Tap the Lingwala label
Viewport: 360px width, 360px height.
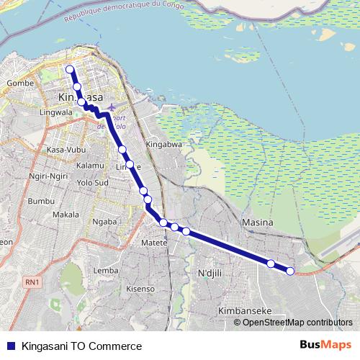pyautogui.click(x=57, y=113)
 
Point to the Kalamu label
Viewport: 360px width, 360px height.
pyautogui.click(x=90, y=165)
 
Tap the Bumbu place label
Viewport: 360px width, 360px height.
pyautogui.click(x=41, y=200)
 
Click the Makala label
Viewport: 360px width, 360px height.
pyautogui.click(x=66, y=215)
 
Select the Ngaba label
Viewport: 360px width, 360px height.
pyautogui.click(x=105, y=222)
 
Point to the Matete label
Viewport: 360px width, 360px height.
pyautogui.click(x=154, y=243)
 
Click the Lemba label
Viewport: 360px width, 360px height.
pyautogui.click(x=106, y=270)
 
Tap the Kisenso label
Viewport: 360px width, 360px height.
pyautogui.click(x=140, y=288)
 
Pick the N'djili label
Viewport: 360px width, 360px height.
pyautogui.click(x=212, y=273)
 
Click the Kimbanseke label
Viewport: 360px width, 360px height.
pyautogui.click(x=243, y=311)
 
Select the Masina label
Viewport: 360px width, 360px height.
pyautogui.click(x=258, y=222)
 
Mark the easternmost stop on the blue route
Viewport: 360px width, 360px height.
pyautogui.click(x=290, y=271)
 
